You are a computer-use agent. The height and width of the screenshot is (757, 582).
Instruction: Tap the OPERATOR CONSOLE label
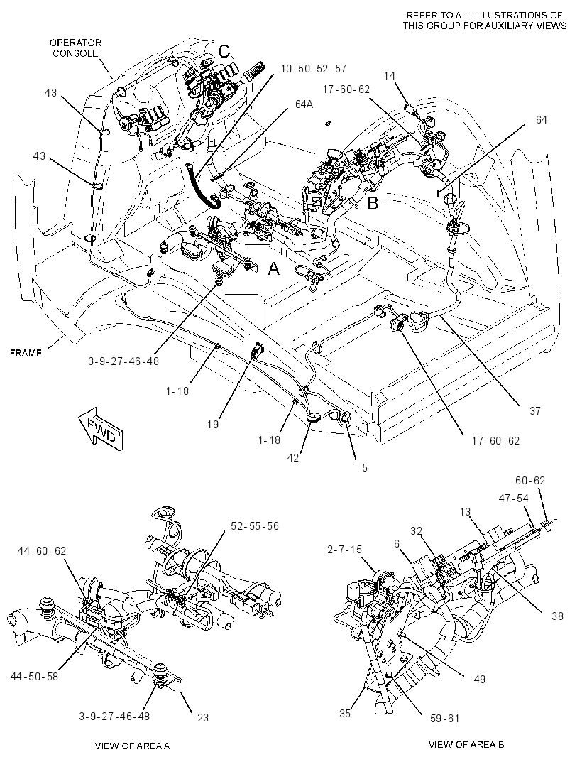pos(75,48)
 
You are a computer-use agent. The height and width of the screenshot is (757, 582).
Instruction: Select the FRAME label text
pos(26,353)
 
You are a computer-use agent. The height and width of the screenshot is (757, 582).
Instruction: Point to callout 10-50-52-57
pos(313,69)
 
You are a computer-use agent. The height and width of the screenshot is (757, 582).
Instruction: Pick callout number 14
pos(390,75)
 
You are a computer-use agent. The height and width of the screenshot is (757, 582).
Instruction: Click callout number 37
pos(534,411)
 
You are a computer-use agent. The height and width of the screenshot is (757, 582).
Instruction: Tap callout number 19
pos(213,425)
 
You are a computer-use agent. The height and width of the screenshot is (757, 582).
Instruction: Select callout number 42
pos(293,457)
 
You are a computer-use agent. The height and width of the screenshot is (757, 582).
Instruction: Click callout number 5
pos(365,468)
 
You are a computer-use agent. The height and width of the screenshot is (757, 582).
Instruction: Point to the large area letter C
pos(226,50)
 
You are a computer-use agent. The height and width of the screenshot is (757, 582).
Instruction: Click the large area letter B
pos(373,203)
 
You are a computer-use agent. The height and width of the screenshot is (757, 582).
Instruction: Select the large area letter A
pos(274,268)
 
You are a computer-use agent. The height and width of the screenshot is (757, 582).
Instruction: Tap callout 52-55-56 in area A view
pos(255,525)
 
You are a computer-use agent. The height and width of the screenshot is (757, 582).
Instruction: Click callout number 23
pos(203,718)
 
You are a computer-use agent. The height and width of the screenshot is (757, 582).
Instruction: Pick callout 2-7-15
pos(344,550)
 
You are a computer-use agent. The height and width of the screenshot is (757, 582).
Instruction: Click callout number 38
pos(557,616)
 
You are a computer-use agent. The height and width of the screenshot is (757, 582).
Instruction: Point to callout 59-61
pos(444,719)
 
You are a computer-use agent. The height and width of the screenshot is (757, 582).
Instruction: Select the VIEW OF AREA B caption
pos(466,744)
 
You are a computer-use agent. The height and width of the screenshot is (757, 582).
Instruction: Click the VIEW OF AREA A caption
pos(132,746)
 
